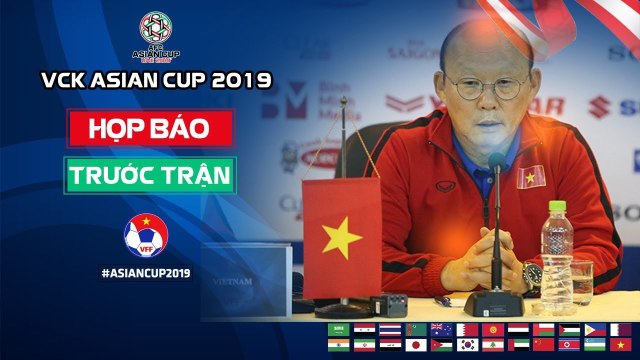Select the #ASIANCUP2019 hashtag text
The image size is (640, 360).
[147, 271]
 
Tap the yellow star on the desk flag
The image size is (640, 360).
[344, 238]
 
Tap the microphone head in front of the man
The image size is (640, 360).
[496, 162]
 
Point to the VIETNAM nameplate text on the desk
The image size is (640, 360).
[234, 282]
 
